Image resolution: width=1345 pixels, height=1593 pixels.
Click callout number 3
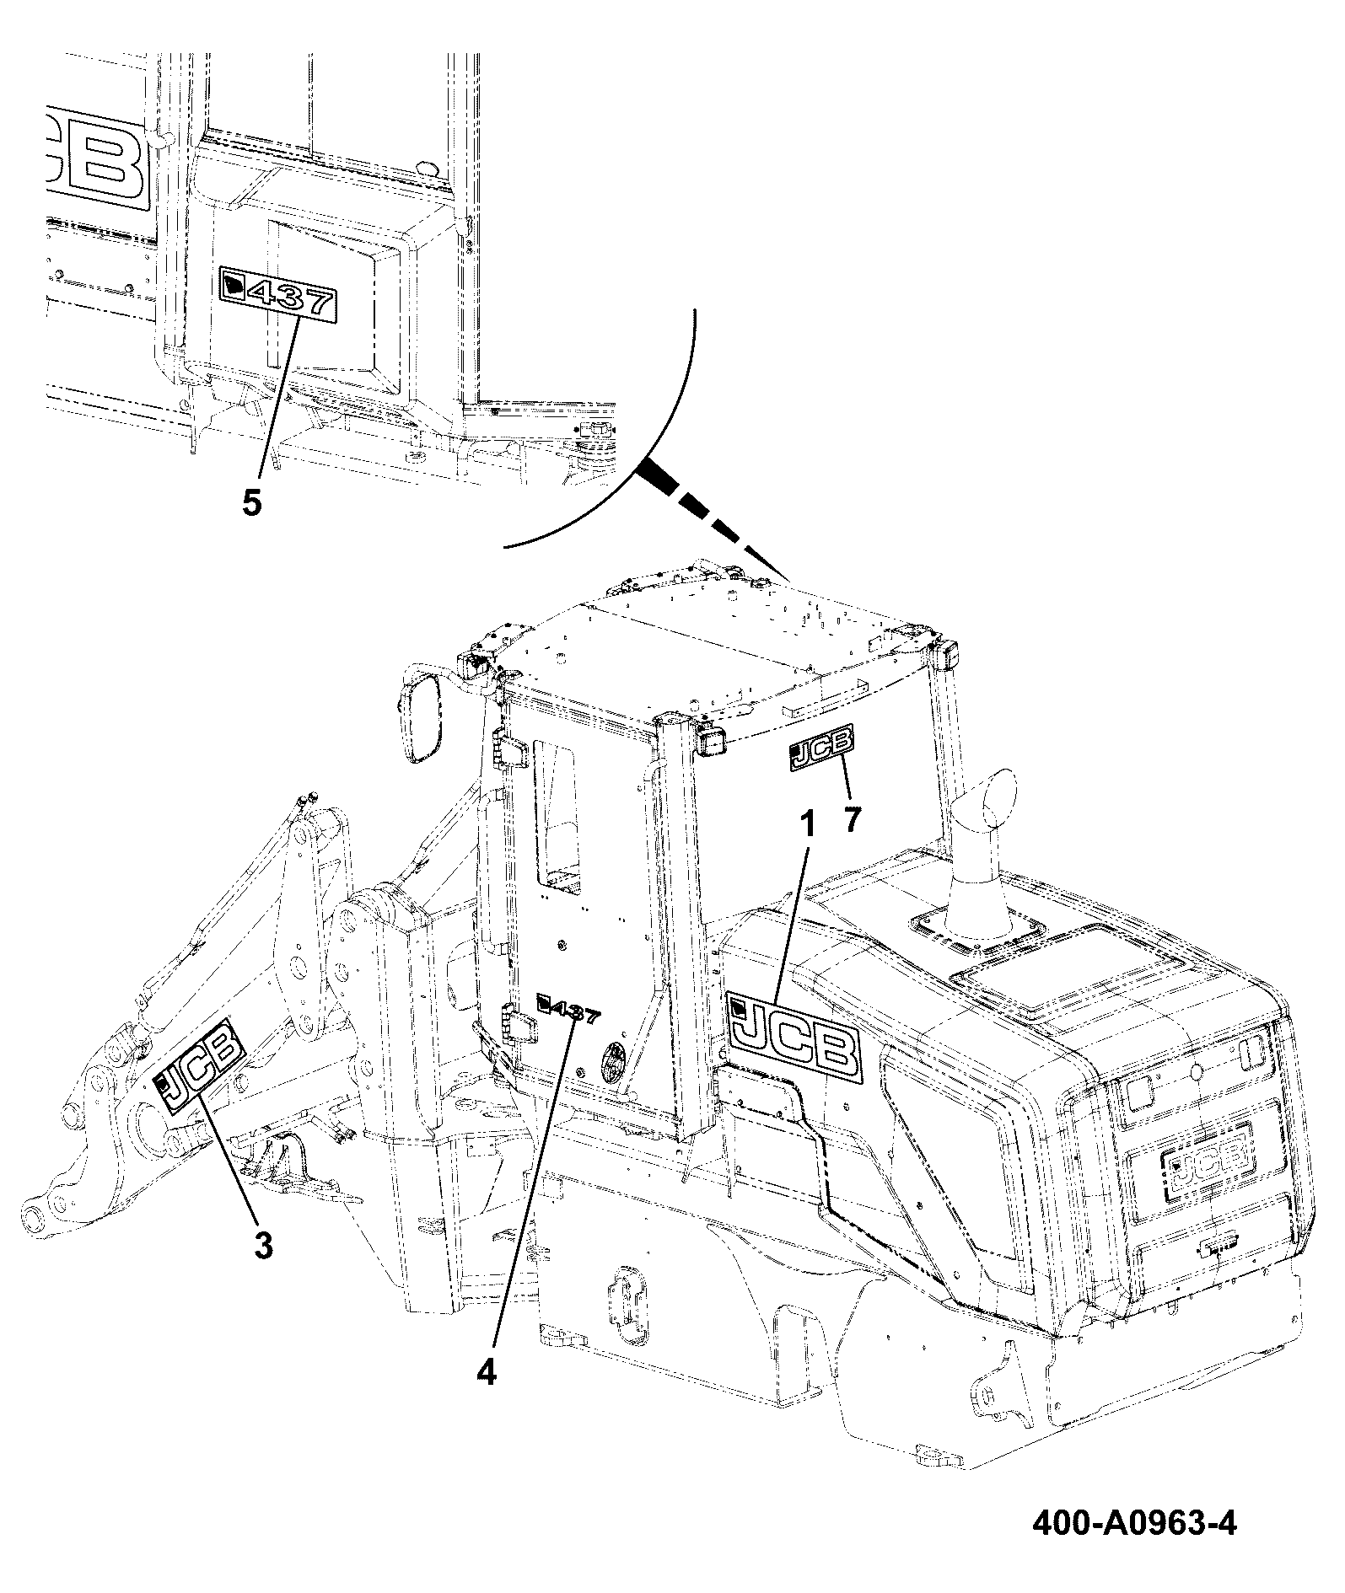(x=263, y=1244)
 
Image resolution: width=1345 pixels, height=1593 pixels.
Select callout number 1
(x=807, y=825)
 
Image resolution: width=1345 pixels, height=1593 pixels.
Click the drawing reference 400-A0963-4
(x=1134, y=1525)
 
